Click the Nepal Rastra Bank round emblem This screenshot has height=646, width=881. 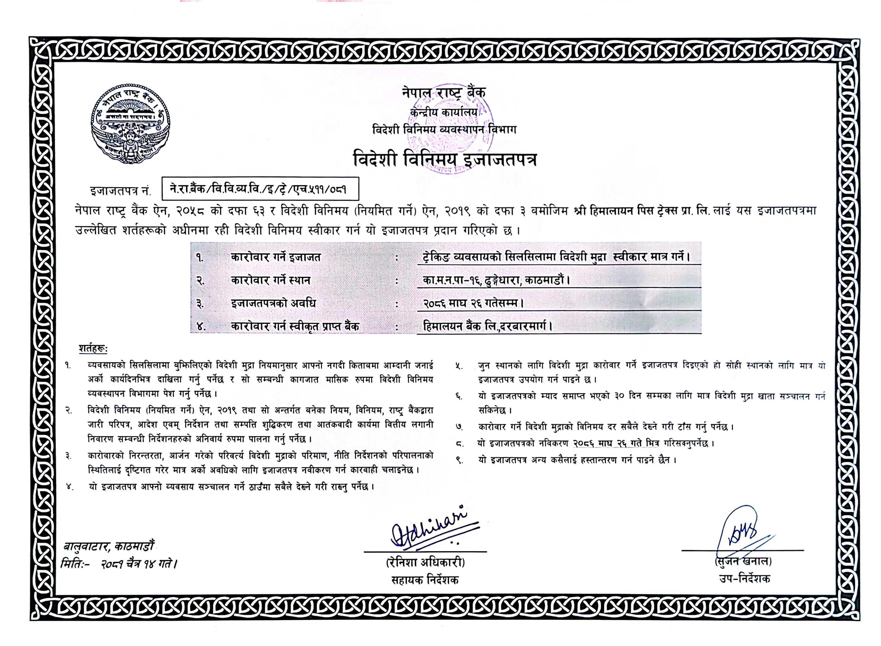tap(130, 124)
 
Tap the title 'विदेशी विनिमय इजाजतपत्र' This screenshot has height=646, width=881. tap(444, 159)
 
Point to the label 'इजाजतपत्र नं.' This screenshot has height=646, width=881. tap(120, 191)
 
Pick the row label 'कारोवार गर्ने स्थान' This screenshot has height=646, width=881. tap(270, 280)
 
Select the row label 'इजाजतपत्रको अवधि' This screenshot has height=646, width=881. tap(273, 303)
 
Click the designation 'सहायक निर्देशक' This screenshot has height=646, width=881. tap(425, 580)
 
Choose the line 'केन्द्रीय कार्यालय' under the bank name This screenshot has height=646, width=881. tap(444, 112)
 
